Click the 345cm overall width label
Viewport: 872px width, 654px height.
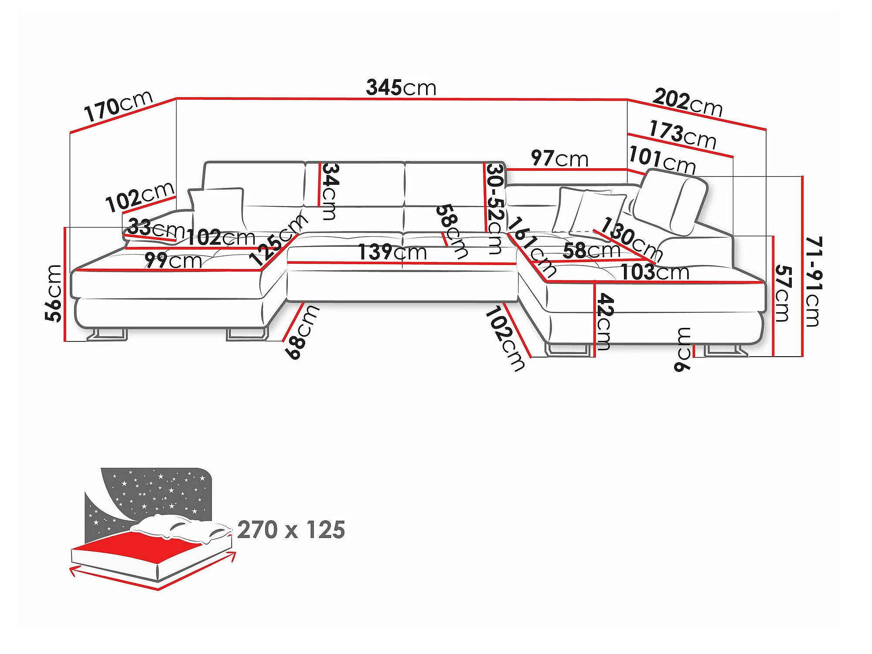click(x=401, y=87)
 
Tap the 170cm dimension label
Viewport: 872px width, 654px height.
click(x=118, y=106)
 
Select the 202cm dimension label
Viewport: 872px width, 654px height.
click(x=688, y=102)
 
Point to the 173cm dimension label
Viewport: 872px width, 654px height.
click(x=683, y=135)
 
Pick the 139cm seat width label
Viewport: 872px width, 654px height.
click(x=392, y=252)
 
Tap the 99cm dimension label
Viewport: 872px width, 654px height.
click(x=173, y=260)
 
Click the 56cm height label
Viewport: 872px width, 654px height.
click(x=54, y=293)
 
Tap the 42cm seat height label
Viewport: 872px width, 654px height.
click(x=605, y=322)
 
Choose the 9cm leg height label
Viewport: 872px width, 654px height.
click(x=682, y=349)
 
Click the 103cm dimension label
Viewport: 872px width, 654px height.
click(x=655, y=272)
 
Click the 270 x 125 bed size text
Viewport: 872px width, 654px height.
click(x=291, y=530)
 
